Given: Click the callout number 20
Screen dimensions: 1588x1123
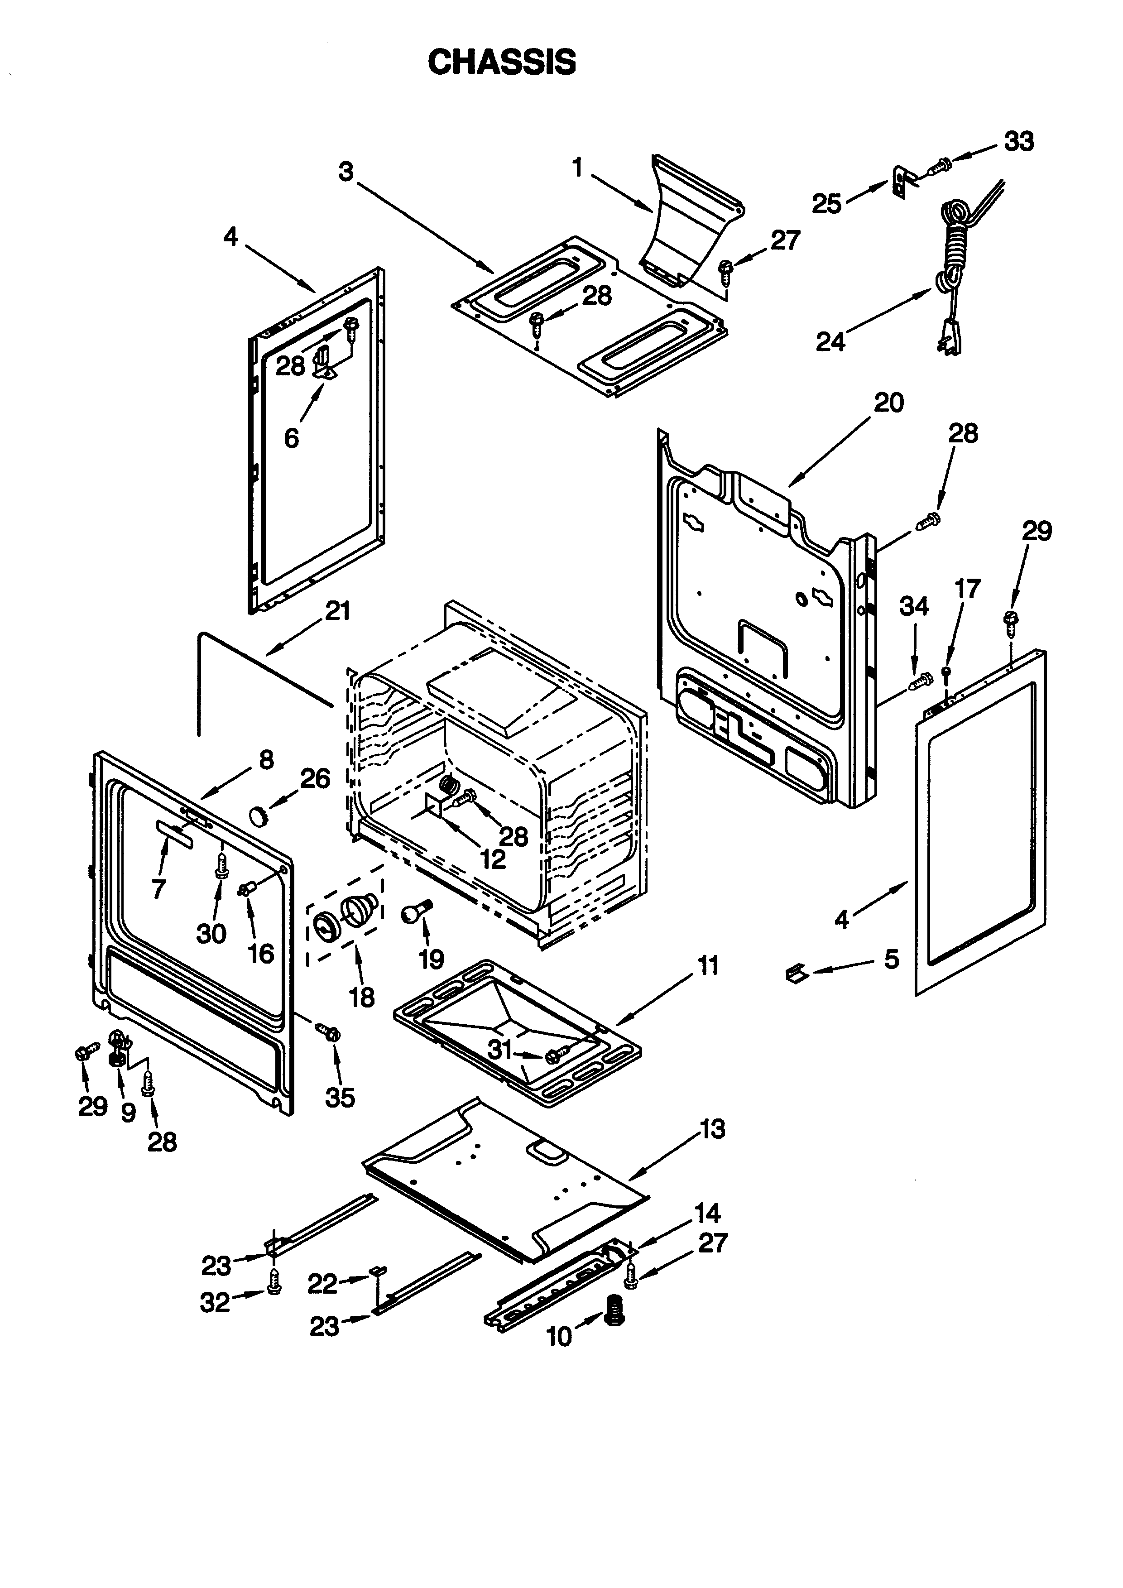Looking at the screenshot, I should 888,403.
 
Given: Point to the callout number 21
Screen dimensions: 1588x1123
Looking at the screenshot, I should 337,611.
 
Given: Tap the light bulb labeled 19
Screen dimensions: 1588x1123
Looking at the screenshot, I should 413,912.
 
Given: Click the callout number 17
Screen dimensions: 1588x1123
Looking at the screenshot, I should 967,589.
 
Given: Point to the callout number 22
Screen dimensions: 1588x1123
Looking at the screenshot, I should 322,1284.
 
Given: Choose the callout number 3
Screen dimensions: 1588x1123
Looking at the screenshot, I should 346,171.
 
